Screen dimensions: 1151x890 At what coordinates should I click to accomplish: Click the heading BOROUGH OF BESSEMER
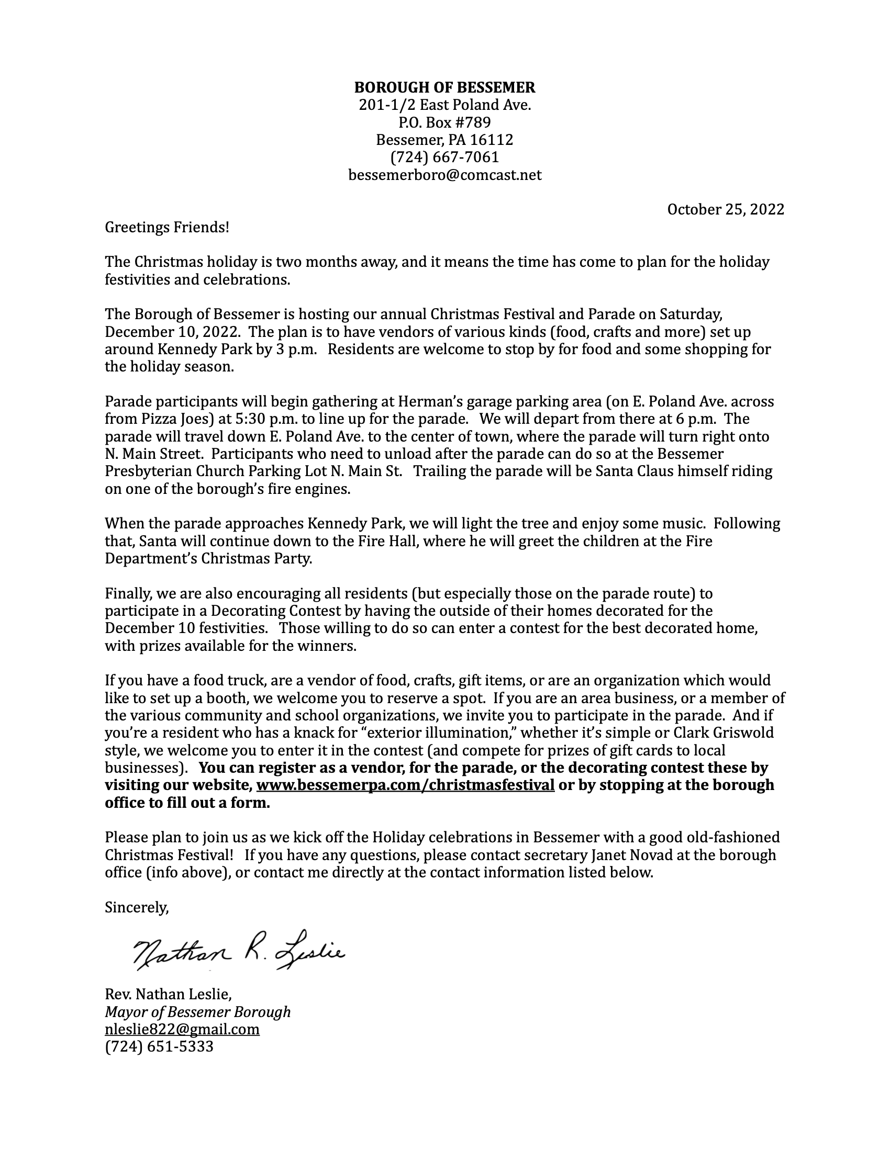coord(444,87)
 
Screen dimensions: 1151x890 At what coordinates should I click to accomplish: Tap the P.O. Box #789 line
coord(444,122)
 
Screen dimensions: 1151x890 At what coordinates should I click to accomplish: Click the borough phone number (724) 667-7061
coord(444,157)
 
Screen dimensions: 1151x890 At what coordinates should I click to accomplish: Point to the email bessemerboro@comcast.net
coord(444,175)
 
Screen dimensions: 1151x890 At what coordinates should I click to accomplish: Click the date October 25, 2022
coord(726,209)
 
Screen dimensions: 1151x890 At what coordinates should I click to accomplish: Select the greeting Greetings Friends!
coord(167,227)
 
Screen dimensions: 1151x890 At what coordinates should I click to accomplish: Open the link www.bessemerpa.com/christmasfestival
coord(405,785)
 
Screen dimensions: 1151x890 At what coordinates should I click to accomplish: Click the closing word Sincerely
coord(137,907)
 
